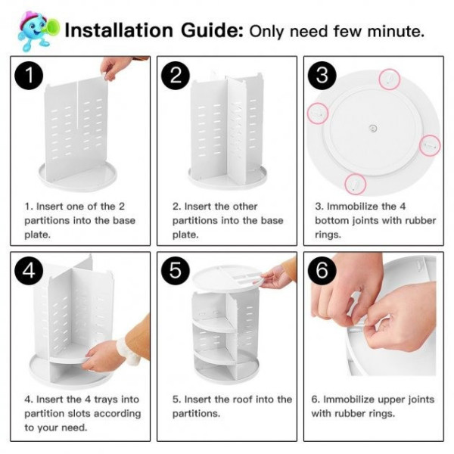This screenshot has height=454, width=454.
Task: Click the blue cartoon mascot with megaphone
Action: (x=38, y=31)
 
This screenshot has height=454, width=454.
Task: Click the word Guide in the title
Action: (x=212, y=30)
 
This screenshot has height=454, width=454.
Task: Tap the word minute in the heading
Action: (x=396, y=31)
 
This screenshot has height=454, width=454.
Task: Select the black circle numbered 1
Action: (x=30, y=75)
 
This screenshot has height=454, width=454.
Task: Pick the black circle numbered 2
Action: (x=176, y=75)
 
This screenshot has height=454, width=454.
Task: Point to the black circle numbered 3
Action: (x=322, y=75)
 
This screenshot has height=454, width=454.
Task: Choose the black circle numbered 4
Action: (x=30, y=270)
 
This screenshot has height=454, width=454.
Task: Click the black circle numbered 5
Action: (x=176, y=270)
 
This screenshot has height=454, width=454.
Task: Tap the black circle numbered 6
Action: (x=322, y=270)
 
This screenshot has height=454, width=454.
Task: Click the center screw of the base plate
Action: (x=373, y=128)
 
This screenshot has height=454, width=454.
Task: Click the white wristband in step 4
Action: (x=129, y=351)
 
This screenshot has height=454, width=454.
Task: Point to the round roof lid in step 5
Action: (x=229, y=280)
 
